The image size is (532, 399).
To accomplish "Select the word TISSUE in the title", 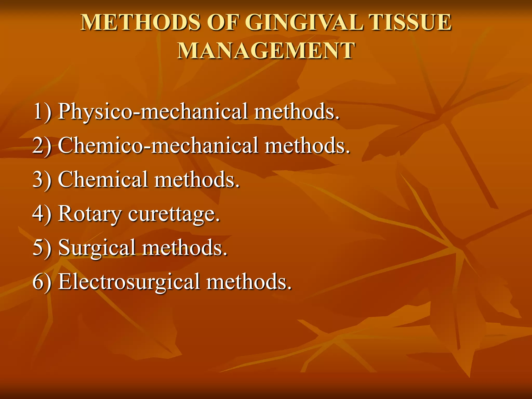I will (x=410, y=23).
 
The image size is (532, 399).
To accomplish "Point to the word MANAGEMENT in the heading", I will (x=266, y=51).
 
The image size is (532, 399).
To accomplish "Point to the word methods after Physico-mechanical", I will (x=296, y=112).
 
